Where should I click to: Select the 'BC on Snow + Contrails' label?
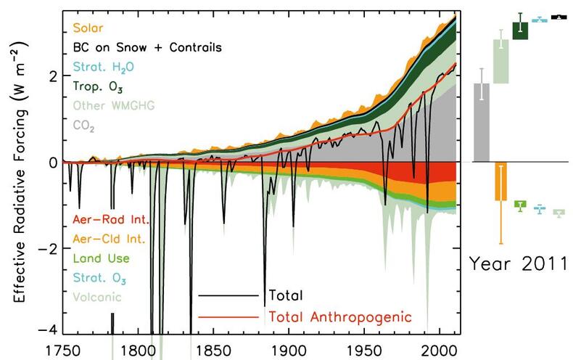(147, 48)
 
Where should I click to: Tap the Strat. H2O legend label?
(103, 67)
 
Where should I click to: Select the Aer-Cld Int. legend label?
(109, 238)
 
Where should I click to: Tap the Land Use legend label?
(99, 258)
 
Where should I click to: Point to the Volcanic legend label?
(97, 297)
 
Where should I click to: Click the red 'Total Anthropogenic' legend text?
(340, 316)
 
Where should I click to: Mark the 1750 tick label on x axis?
(63, 350)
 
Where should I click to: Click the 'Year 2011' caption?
(517, 262)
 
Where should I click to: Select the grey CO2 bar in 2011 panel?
(481, 123)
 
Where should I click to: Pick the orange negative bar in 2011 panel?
(500, 181)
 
